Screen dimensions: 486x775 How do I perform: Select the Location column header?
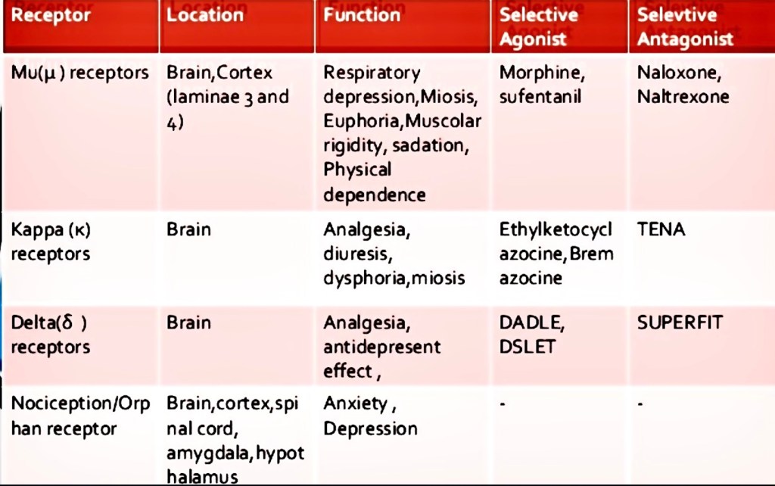[205, 15]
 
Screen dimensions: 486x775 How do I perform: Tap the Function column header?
[362, 14]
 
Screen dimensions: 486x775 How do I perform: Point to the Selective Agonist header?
[537, 26]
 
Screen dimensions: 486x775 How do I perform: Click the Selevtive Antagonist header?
[685, 26]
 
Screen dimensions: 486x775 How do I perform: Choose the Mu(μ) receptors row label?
[79, 73]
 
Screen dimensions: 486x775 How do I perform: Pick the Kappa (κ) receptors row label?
[51, 241]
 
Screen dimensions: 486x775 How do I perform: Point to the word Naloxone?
[678, 73]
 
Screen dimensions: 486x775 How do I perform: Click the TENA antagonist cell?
[661, 229]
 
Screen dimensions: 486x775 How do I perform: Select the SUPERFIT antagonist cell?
[679, 322]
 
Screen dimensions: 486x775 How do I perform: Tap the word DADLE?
[531, 322]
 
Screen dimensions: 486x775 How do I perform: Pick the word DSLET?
[527, 347]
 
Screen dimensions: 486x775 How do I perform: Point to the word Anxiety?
[355, 403]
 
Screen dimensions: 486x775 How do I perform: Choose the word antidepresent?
[381, 347]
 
